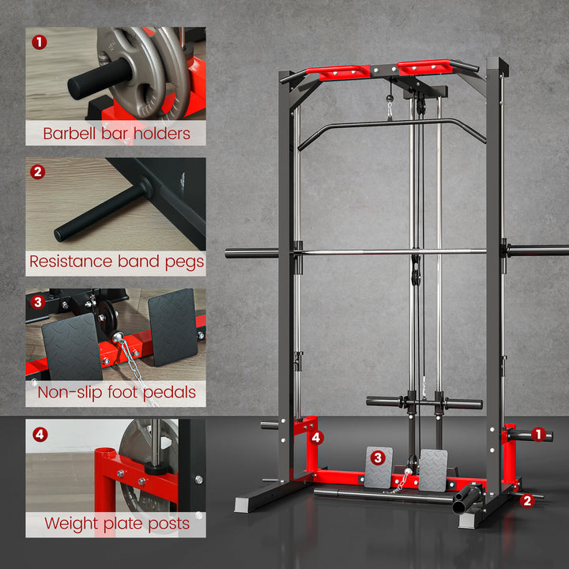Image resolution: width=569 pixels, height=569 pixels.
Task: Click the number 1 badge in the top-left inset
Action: point(37,40)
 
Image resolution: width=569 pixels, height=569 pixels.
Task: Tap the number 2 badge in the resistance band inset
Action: point(37,171)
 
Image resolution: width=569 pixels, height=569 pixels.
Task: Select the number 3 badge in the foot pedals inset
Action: point(37,302)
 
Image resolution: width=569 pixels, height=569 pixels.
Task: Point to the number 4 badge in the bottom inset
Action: point(39,434)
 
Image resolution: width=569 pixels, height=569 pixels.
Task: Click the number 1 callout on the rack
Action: point(539,433)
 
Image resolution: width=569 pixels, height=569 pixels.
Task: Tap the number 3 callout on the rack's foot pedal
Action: point(378,456)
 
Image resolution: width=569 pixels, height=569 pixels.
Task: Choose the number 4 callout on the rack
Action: point(315,436)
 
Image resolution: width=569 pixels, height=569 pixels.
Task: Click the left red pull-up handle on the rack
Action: point(338,72)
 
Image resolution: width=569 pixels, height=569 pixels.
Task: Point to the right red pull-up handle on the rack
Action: point(424,67)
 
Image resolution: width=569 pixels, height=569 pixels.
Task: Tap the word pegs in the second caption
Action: point(183,262)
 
